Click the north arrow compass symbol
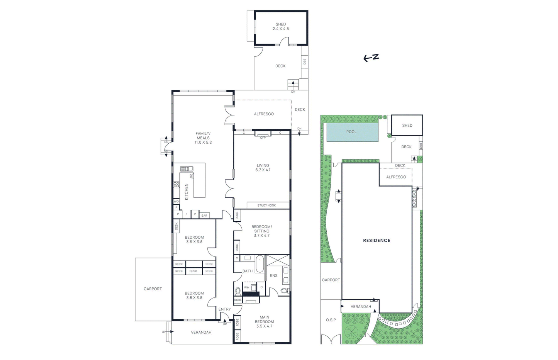[x=371, y=58]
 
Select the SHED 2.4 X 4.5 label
[x=281, y=26]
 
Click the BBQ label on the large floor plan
[x=304, y=62]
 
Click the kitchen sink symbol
[x=187, y=169]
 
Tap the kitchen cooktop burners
[x=176, y=185]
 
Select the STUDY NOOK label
[x=266, y=205]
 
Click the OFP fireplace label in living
[x=263, y=138]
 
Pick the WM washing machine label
[x=247, y=287]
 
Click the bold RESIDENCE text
[x=377, y=240]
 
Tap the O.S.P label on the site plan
[x=331, y=320]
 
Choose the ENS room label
[x=274, y=275]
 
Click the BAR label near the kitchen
[x=204, y=216]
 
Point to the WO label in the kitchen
[x=176, y=201]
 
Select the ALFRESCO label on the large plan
[x=264, y=114]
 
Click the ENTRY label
[x=225, y=309]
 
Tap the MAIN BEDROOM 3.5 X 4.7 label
[x=264, y=322]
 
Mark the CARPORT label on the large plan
[x=153, y=289]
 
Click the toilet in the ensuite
[x=284, y=290]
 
